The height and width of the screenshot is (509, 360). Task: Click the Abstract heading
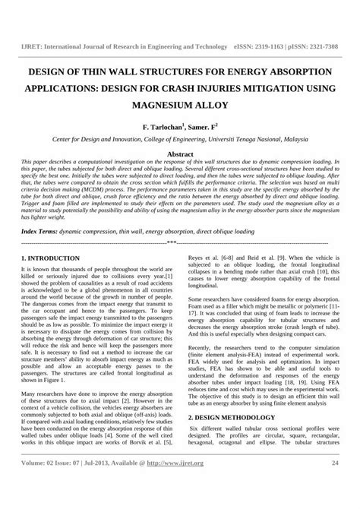coord(180,153)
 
